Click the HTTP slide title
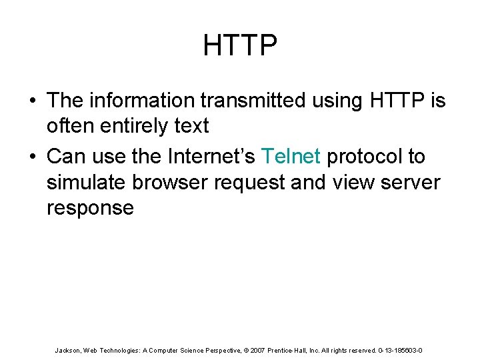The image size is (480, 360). (x=240, y=46)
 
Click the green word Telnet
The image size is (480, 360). (x=291, y=157)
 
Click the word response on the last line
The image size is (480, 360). (x=90, y=208)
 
